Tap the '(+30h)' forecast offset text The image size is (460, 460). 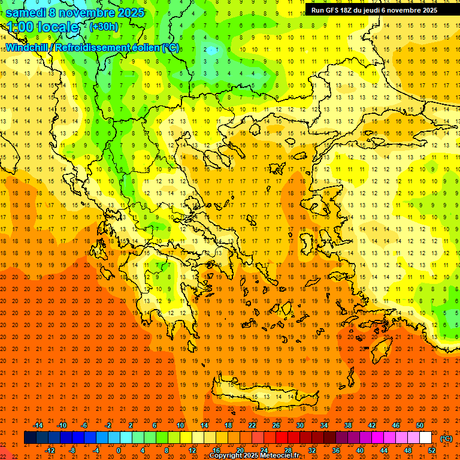[x=104, y=27]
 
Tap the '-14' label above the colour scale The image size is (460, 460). [x=38, y=425]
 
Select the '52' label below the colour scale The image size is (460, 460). [x=432, y=450]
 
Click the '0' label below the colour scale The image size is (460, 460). [x=119, y=450]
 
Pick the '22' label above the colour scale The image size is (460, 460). [x=252, y=425]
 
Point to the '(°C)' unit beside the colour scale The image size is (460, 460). [x=446, y=438]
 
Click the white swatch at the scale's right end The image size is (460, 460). [x=425, y=438]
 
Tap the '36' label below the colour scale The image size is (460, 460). [x=336, y=450]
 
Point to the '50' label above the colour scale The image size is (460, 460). [x=419, y=425]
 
